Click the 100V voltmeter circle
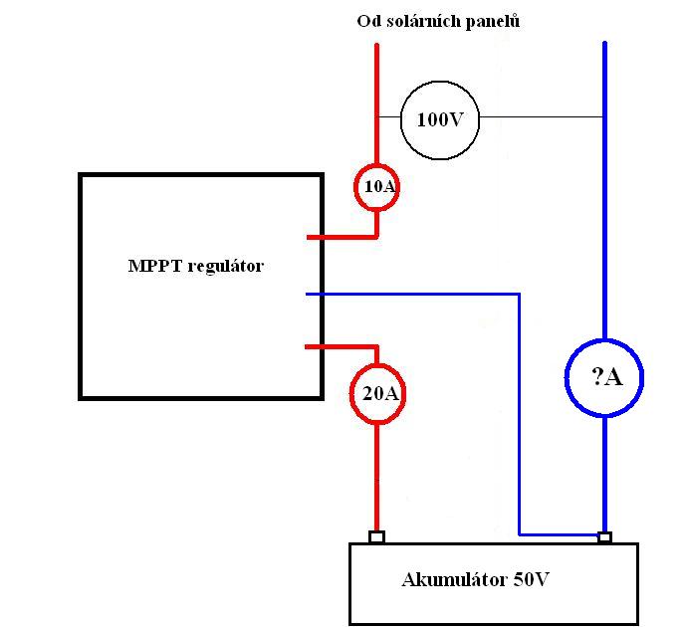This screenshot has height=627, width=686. [401, 120]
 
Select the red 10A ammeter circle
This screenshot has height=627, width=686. [354, 187]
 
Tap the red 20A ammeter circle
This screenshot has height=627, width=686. [351, 393]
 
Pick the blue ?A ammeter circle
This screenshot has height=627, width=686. [567, 378]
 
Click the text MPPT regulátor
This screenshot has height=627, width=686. [195, 266]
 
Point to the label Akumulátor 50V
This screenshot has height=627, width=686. [475, 579]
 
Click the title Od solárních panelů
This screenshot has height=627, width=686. [438, 21]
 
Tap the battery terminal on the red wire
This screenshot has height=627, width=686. [376, 536]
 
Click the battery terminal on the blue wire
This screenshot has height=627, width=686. [604, 536]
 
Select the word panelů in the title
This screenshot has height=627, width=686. [493, 22]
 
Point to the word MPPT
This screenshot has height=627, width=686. [155, 266]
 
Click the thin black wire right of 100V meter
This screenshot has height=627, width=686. [541, 116]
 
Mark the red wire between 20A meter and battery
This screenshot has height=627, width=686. [376, 477]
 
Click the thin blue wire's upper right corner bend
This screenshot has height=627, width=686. [520, 295]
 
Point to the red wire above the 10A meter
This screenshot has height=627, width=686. [376, 104]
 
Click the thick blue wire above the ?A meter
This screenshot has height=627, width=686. [604, 190]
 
